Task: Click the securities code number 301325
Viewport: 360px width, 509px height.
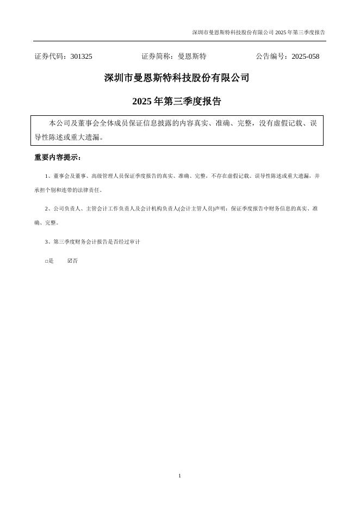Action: [81, 57]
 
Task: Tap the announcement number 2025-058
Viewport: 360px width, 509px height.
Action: [305, 57]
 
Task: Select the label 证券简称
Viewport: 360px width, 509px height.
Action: [156, 57]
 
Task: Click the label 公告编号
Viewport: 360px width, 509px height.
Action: [272, 57]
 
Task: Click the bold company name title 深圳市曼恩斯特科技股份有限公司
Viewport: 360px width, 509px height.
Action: [177, 78]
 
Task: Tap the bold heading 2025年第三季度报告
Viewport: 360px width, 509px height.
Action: [177, 102]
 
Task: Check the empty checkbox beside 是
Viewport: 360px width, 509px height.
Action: [47, 261]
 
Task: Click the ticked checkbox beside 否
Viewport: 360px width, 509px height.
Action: [70, 261]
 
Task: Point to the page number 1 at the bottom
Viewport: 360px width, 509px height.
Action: [179, 476]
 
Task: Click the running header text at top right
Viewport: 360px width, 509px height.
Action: [258, 33]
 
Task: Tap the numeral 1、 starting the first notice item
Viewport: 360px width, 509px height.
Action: [48, 176]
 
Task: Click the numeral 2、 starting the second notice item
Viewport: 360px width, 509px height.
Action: [48, 208]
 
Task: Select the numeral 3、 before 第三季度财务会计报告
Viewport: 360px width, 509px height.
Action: [48, 241]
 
